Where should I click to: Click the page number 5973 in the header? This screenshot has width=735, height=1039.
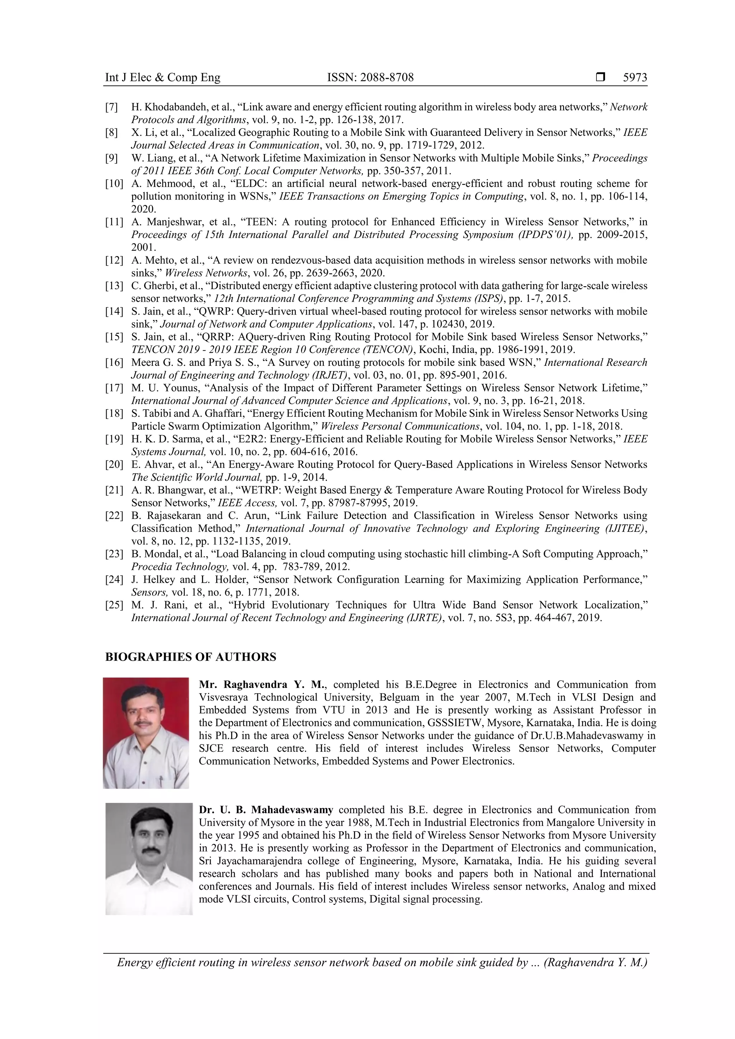635,77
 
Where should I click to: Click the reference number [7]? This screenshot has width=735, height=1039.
111,107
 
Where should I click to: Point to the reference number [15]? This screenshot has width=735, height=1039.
114,337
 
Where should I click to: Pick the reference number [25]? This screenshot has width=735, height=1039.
114,605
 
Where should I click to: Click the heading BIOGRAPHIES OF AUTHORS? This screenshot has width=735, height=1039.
190,657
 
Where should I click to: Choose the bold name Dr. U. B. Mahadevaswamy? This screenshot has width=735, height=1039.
266,809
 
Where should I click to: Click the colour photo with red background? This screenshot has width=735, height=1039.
146,733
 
